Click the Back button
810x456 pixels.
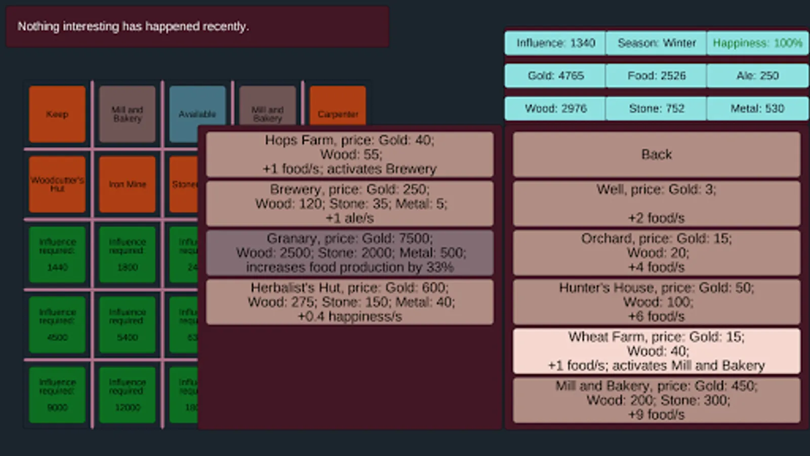(656, 155)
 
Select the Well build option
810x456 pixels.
(656, 203)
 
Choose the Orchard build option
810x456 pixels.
(656, 252)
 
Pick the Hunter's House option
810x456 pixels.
(656, 301)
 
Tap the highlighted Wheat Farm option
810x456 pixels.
(656, 351)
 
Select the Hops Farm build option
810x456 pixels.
(349, 155)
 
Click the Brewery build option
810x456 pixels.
(349, 203)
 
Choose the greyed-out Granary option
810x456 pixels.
(349, 252)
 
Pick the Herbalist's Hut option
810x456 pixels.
(349, 301)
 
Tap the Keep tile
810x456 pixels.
(57, 114)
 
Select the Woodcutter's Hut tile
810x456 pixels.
(57, 184)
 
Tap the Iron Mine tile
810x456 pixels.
(127, 184)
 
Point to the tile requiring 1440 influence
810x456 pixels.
(57, 254)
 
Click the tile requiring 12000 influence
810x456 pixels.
(127, 394)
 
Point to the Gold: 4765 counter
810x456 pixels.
(555, 75)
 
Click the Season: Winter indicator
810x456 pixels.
(656, 43)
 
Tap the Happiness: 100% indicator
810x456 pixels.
(757, 43)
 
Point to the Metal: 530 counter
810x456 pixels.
(757, 108)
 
